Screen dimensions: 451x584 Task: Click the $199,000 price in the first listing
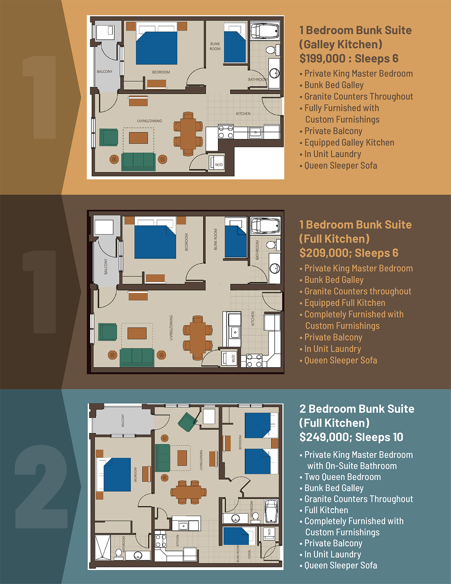(x=322, y=58)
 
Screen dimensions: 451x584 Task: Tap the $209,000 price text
(x=322, y=253)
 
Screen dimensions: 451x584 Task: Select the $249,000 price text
(x=322, y=437)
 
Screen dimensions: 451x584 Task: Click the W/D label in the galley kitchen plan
(x=219, y=164)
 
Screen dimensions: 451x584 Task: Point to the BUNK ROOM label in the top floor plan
(x=215, y=46)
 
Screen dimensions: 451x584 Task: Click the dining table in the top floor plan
(x=188, y=134)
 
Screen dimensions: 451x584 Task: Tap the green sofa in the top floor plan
(x=139, y=162)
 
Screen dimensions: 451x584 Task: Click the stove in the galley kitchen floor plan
(x=226, y=132)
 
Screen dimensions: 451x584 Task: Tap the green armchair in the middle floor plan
(x=107, y=332)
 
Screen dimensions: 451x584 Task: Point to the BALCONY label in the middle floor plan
(x=105, y=267)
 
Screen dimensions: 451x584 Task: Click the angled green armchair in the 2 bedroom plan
(x=188, y=422)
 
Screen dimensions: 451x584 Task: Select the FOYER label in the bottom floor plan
(x=249, y=554)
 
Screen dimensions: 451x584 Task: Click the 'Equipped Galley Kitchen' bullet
(x=347, y=142)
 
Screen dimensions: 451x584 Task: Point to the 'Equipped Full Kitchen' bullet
(x=342, y=303)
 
